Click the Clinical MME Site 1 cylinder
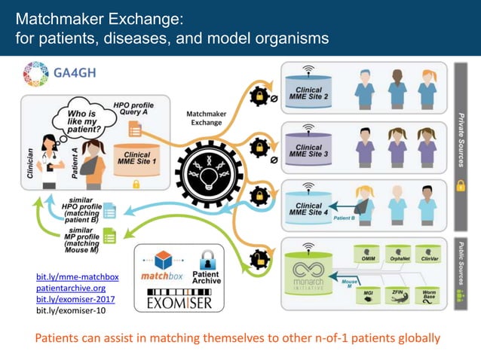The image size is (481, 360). point(136,157)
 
